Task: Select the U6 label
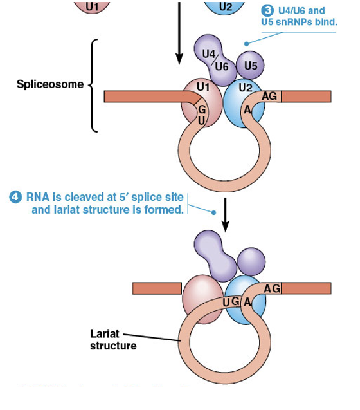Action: [222, 66]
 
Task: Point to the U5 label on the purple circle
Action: [250, 66]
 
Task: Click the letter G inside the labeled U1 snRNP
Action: [201, 109]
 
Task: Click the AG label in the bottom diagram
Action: [272, 288]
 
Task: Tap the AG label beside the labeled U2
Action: [271, 96]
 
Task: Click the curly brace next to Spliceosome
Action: [94, 85]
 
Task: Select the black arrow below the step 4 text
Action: [226, 218]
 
